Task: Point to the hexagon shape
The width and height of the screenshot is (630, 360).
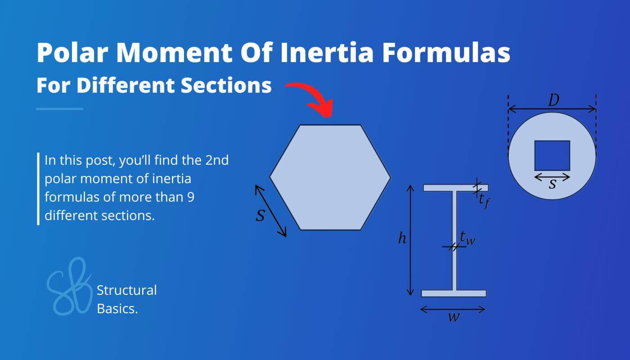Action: tap(330, 177)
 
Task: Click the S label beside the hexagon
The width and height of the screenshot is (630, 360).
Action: tap(260, 216)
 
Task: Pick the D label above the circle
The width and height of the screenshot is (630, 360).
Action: tap(553, 101)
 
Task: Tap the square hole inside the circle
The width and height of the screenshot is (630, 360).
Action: tap(552, 155)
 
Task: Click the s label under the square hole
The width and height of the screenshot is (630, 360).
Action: tap(552, 184)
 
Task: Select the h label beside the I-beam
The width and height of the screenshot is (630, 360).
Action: tap(402, 239)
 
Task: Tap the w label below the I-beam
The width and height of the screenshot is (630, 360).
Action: tap(454, 317)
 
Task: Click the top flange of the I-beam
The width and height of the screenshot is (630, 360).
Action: tap(455, 188)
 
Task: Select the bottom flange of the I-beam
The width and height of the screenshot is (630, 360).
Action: tap(454, 293)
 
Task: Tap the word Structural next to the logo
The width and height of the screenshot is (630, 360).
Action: tap(127, 290)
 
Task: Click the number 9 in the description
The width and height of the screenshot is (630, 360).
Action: tap(190, 197)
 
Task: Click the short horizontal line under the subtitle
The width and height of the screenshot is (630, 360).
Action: tap(59, 108)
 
